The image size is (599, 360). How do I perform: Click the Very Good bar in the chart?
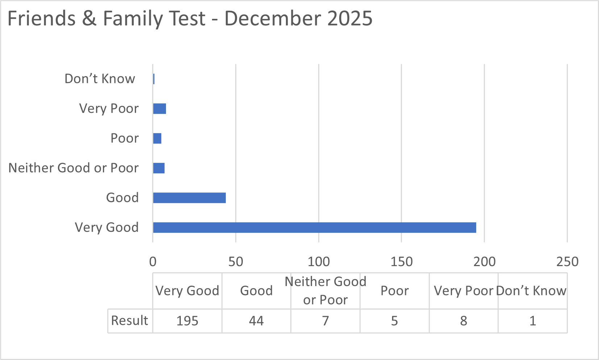coord(314,228)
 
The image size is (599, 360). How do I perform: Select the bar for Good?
coord(189,198)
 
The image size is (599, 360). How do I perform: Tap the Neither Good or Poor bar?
coord(159,168)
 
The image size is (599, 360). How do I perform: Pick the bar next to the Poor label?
coord(157,138)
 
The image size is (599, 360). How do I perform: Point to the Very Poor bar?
coord(159,109)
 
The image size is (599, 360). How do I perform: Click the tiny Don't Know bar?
coord(154,79)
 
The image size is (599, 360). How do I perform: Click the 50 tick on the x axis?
coord(236,262)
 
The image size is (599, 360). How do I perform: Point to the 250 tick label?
coord(567,262)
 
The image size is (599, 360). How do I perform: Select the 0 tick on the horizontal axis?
coord(153,262)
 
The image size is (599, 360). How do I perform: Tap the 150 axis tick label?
coord(402,262)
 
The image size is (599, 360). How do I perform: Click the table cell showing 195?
coord(187,321)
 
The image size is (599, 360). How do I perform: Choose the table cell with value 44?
coord(256,321)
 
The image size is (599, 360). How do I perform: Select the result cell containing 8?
coord(463,321)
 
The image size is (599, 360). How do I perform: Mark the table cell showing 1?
coord(532,321)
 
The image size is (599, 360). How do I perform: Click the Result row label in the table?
coord(129,320)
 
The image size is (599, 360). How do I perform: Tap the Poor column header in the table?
coord(394,291)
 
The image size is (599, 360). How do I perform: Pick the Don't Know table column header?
coord(531,291)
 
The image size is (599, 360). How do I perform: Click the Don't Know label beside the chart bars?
coord(100,79)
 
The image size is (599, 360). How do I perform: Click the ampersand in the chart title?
coord(89,18)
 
